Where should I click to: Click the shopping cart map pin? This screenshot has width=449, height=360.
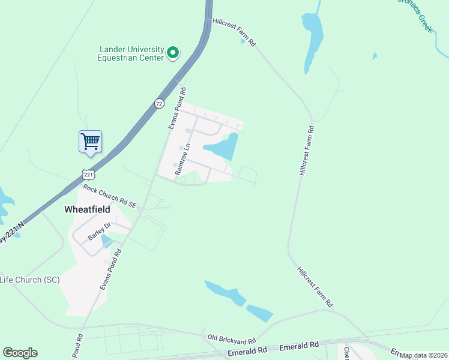(90, 142)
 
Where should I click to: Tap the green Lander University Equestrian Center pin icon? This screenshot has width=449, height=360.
(173, 53)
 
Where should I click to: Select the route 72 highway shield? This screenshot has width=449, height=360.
(158, 104)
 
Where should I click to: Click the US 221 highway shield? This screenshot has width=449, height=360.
(88, 174)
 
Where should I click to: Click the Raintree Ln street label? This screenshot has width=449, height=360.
(182, 159)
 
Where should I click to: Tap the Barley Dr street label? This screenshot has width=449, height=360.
(99, 231)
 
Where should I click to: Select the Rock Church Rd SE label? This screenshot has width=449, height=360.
(110, 197)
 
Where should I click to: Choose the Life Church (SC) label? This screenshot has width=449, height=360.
(29, 280)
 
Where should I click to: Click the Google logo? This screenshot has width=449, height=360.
(20, 353)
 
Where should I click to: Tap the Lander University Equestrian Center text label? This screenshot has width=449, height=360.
(131, 53)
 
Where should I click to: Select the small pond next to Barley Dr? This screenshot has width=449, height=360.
(106, 241)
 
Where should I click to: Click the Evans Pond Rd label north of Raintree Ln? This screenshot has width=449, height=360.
(176, 109)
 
